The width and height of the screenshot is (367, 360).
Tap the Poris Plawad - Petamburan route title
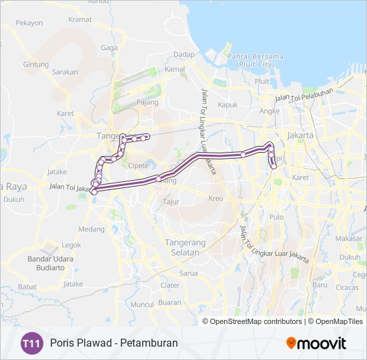tap(113, 344)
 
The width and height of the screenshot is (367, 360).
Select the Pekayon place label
tap(29, 23)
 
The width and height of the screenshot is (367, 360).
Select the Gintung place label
tap(36, 65)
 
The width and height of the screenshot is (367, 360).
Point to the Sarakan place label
tap(65, 72)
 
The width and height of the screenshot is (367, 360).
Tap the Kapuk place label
tap(228, 105)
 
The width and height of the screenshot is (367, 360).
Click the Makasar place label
tap(349, 238)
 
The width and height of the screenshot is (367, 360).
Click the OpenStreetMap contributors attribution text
tap(256, 321)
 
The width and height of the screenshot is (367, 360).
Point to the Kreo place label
tap(216, 199)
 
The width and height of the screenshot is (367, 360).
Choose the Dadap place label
tap(183, 54)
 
